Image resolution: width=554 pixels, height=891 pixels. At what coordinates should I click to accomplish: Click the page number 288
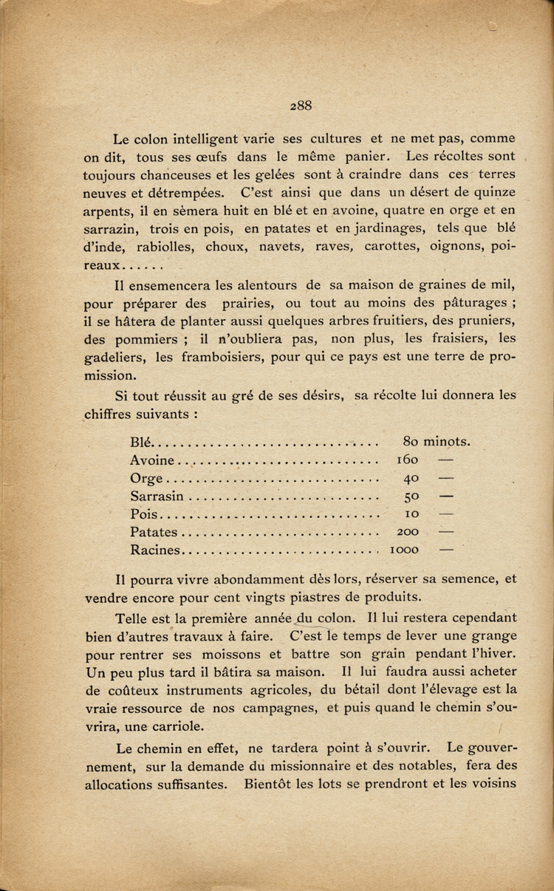point(301,106)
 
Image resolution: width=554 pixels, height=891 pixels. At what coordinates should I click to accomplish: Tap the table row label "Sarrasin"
point(157,496)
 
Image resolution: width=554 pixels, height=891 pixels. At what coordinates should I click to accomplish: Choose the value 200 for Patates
point(408,532)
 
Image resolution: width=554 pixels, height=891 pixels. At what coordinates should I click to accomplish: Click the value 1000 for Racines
point(405,550)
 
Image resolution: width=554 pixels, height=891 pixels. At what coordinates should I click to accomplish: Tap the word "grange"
point(491,635)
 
